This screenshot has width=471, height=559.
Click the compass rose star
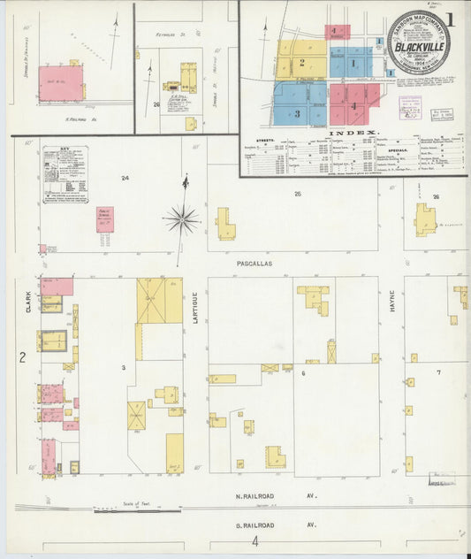[x=182, y=217]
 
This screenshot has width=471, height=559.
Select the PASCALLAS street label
[x=254, y=264]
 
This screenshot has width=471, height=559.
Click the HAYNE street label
[x=391, y=306]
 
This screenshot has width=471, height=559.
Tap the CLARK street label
[x=27, y=302]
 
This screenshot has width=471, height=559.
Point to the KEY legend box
[x=65, y=175]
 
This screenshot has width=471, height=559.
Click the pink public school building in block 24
[x=105, y=219]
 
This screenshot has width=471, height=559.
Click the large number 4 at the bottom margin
[x=255, y=541]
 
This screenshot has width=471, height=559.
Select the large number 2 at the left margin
[x=22, y=358]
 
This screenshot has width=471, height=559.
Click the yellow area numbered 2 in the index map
[x=301, y=62]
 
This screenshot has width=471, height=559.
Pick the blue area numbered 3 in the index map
[x=297, y=112]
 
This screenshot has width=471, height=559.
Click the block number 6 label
[x=303, y=373]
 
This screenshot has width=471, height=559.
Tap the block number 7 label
[x=438, y=372]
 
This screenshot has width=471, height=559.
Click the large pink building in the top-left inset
[x=60, y=82]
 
